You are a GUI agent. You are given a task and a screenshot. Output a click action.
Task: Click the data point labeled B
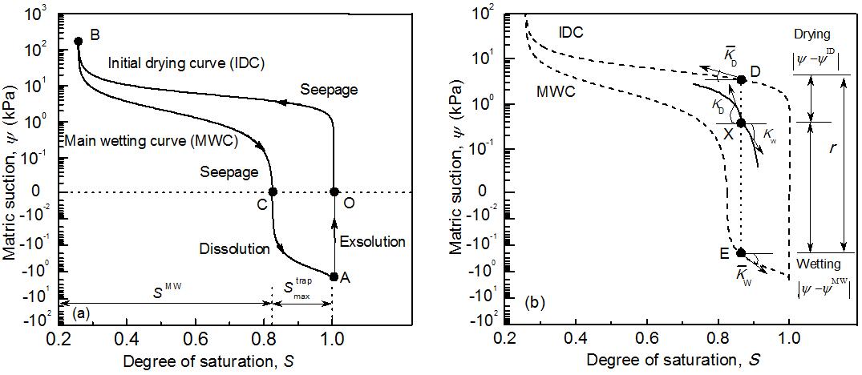pos(78,41)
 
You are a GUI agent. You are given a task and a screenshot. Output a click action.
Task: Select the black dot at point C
pos(273,192)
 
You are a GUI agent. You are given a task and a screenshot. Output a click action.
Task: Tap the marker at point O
pos(334,192)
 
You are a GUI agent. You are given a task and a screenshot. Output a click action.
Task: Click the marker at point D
pos(742,79)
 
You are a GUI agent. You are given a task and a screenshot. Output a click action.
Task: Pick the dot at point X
pos(741,123)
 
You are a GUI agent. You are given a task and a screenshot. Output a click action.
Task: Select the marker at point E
pos(741,252)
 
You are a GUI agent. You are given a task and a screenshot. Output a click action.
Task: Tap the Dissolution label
pos(234,249)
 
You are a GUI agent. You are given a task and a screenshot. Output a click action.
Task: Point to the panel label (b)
pos(536,304)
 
